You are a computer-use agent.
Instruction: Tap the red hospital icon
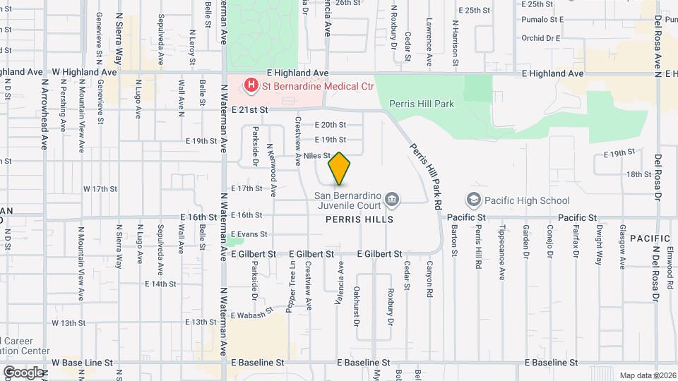tap(250, 87)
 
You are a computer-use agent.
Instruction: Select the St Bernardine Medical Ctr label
tap(317, 87)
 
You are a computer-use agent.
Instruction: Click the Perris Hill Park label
tap(421, 104)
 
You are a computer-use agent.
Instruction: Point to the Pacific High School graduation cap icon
tap(472, 200)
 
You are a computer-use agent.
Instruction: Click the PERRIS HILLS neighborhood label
tap(359, 219)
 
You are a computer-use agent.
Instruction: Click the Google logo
tap(23, 372)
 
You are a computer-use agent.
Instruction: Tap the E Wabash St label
tap(251, 315)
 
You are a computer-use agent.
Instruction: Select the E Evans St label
tap(249, 234)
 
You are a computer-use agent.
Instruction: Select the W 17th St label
tap(100, 189)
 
